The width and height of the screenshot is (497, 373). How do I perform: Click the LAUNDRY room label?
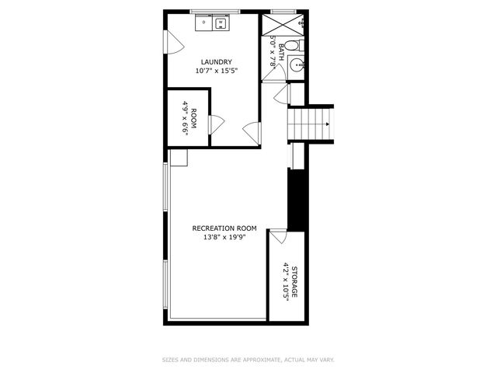[217, 62]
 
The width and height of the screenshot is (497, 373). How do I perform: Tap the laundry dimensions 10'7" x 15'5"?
[217, 71]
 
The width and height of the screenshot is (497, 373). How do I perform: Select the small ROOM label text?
[194, 119]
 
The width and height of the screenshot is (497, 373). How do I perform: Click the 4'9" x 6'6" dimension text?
[186, 119]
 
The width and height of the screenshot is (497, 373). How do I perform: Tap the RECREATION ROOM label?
[224, 228]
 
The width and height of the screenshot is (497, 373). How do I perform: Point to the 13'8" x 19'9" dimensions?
[224, 236]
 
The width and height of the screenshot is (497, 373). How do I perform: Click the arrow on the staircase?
[328, 125]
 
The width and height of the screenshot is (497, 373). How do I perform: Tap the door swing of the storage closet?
[276, 236]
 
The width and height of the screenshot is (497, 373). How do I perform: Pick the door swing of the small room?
[217, 124]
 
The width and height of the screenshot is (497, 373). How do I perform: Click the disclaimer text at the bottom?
[248, 360]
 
